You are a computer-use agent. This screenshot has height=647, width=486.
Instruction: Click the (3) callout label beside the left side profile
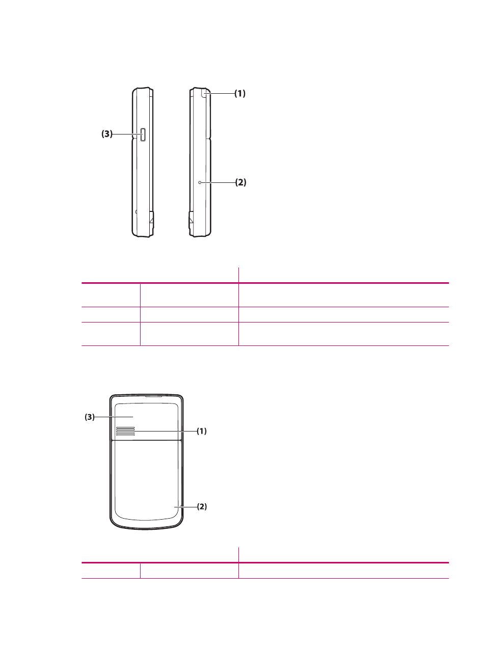point(106,134)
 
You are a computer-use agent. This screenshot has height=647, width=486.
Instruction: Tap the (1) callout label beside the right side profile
point(240,93)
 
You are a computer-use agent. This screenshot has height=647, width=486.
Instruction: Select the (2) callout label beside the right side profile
point(240,182)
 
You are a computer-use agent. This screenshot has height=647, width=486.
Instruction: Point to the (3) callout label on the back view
point(90,417)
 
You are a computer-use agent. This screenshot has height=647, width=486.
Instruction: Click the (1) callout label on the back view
point(202,431)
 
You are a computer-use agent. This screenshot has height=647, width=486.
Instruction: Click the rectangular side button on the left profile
point(143,134)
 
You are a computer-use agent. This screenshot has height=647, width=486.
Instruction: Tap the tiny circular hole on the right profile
point(200,183)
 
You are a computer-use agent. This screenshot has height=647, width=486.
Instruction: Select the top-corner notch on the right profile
point(204,93)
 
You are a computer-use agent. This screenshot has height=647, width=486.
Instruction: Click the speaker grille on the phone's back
point(125,431)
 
